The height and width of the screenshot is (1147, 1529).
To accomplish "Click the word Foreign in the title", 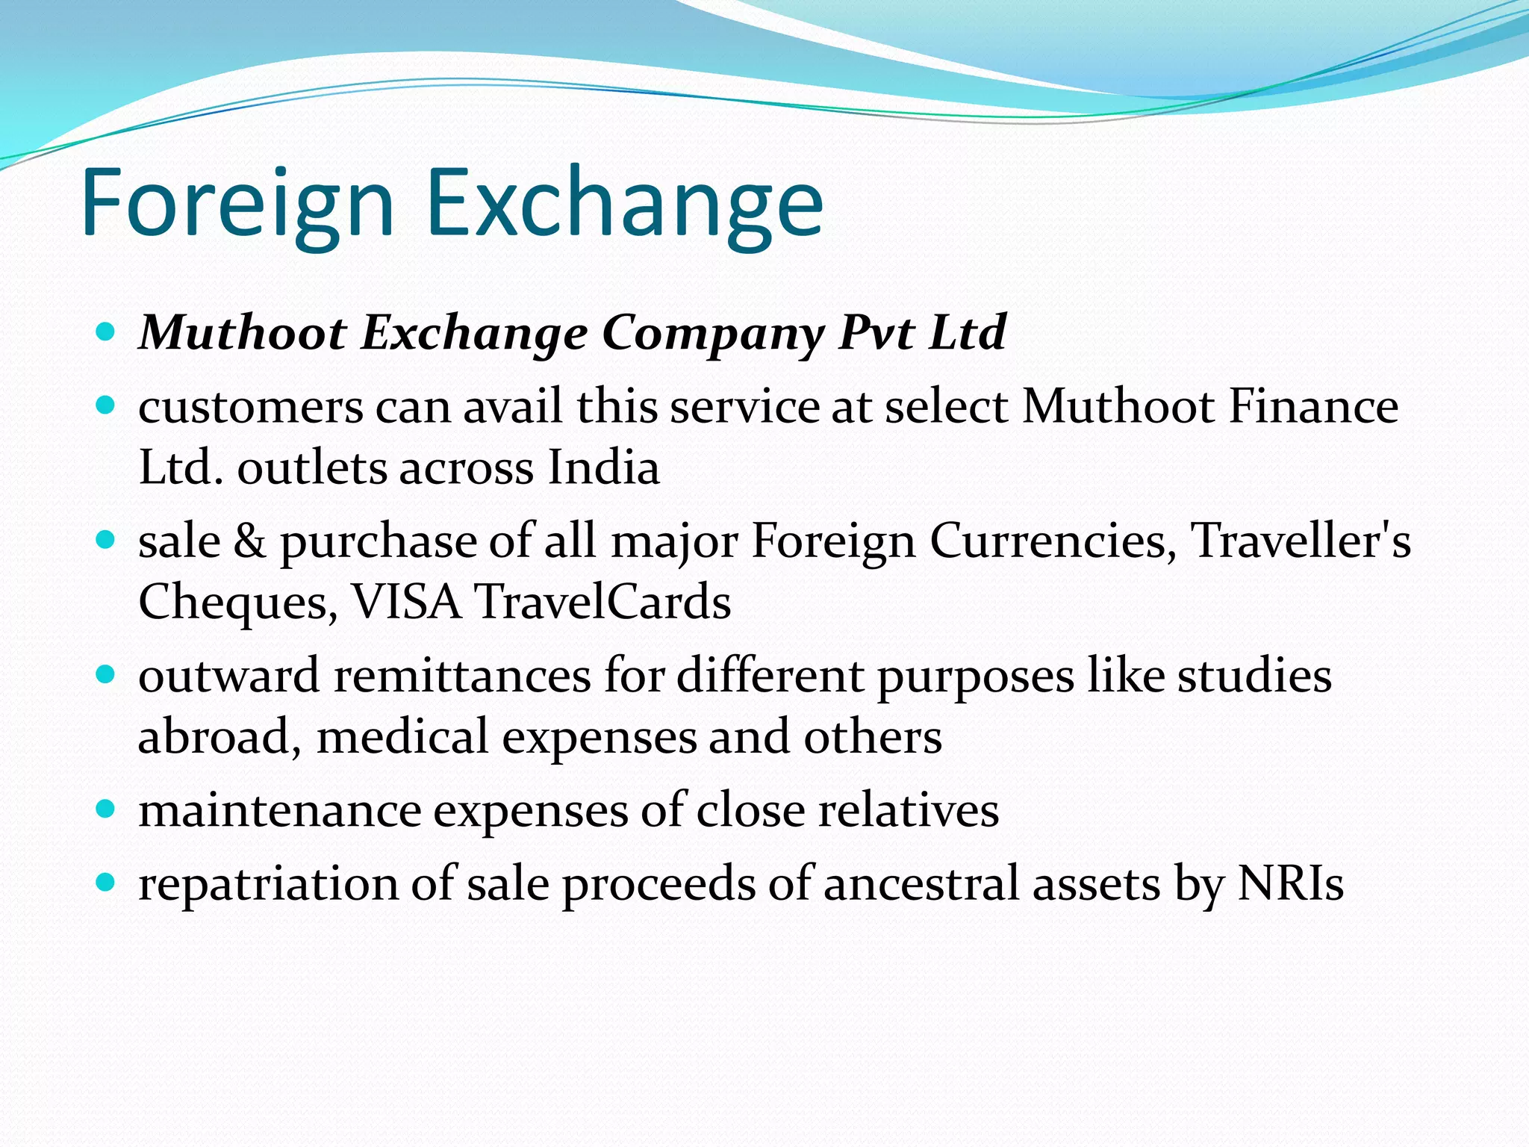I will coord(237,203).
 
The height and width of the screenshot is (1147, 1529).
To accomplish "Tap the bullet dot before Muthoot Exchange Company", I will coord(106,331).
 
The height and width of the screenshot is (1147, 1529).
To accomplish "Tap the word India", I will coord(603,467).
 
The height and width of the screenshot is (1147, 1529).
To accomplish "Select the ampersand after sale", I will coord(249,541).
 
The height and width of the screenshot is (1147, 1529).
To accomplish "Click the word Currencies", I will coord(1053,541).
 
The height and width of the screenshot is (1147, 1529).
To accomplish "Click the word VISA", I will coord(406,602).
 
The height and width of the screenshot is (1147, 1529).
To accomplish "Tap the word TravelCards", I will coord(603,602).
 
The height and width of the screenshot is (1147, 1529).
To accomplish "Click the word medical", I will coord(402,736).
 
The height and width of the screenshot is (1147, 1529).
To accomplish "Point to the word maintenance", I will coord(279,811).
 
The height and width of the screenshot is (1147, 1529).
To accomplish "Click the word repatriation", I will coord(268,884).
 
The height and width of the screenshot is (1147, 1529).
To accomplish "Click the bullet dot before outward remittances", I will coord(106,675).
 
